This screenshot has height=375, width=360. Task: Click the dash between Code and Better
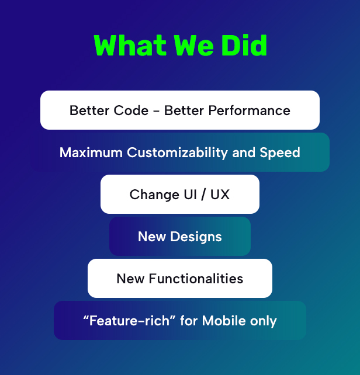pyautogui.click(x=156, y=111)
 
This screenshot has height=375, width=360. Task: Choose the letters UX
pyautogui.click(x=220, y=195)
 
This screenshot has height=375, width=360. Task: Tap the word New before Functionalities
pyautogui.click(x=130, y=279)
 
